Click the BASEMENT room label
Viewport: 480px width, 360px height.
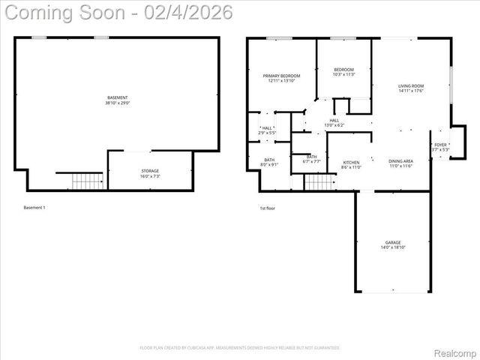tap(118, 97)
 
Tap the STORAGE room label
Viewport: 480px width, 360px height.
tap(150, 171)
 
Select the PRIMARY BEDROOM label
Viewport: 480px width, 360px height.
tap(281, 76)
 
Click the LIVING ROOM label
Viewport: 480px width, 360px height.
tap(411, 86)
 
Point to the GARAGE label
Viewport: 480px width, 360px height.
tap(393, 242)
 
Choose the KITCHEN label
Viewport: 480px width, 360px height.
tap(351, 162)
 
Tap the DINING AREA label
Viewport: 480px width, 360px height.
tap(400, 161)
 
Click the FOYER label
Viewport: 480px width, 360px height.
tap(440, 145)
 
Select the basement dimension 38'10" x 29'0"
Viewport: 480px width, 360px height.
tap(118, 103)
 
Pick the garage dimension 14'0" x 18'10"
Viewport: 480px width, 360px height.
tap(393, 247)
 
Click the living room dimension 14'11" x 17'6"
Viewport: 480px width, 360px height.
tap(411, 91)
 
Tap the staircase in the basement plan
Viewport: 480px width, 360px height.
tap(88, 181)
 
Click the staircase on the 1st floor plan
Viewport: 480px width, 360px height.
tap(319, 181)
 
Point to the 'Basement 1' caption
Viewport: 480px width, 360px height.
tap(34, 207)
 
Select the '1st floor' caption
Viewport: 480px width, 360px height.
tap(268, 208)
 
